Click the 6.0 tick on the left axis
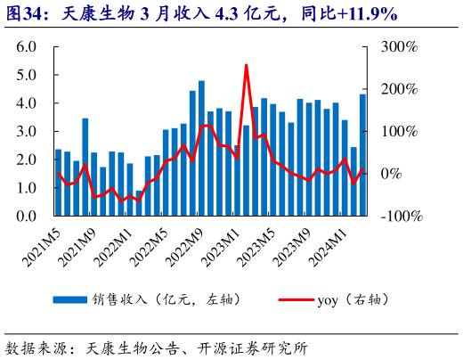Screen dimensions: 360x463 [24, 46]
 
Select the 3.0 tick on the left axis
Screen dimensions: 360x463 [24, 132]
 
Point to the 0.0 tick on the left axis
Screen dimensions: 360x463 [24, 217]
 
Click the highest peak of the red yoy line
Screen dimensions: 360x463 [246, 65]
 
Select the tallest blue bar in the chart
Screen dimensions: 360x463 [201, 148]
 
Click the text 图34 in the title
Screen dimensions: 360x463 [24, 13]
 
